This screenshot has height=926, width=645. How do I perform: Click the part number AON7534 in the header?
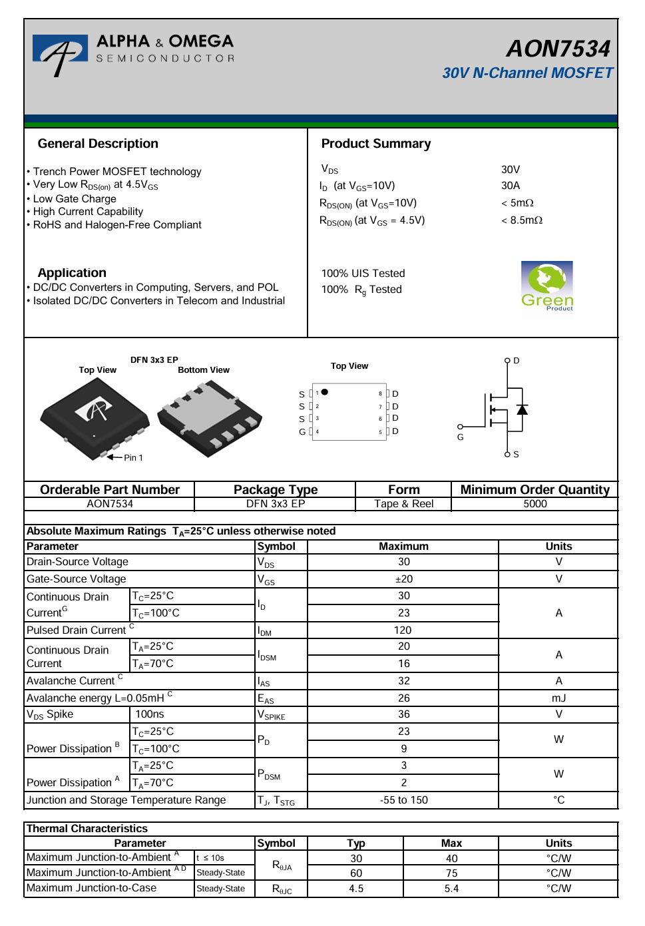pyautogui.click(x=558, y=49)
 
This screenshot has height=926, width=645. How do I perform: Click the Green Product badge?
pyautogui.click(x=547, y=286)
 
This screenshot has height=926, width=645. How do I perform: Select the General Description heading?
pyautogui.click(x=98, y=144)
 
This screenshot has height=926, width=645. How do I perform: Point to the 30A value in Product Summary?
pyautogui.click(x=511, y=186)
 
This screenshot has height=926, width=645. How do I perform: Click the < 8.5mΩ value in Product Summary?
pyautogui.click(x=522, y=220)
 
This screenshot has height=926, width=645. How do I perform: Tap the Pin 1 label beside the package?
pyautogui.click(x=133, y=458)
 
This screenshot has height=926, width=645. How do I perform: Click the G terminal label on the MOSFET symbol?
pyautogui.click(x=460, y=437)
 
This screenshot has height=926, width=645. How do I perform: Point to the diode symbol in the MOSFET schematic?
pyautogui.click(x=523, y=409)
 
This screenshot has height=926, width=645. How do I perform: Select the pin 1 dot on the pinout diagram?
pyautogui.click(x=325, y=392)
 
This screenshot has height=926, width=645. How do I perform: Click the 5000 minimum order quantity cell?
pyautogui.click(x=535, y=504)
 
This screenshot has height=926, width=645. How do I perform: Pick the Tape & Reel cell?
pyautogui.click(x=403, y=504)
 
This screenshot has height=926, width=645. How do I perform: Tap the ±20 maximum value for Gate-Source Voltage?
pyautogui.click(x=403, y=579)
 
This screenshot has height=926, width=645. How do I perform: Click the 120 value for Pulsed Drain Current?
pyautogui.click(x=403, y=630)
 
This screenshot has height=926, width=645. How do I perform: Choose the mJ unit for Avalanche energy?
pyautogui.click(x=558, y=698)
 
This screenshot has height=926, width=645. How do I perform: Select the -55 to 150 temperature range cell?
pyautogui.click(x=403, y=800)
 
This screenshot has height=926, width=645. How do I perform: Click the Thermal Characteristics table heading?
pyautogui.click(x=87, y=829)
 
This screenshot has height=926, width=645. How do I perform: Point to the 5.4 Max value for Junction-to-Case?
pyautogui.click(x=451, y=889)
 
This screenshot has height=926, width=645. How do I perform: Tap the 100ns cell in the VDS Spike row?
pyautogui.click(x=150, y=714)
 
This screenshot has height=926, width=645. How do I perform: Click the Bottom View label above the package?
pyautogui.click(x=204, y=370)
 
